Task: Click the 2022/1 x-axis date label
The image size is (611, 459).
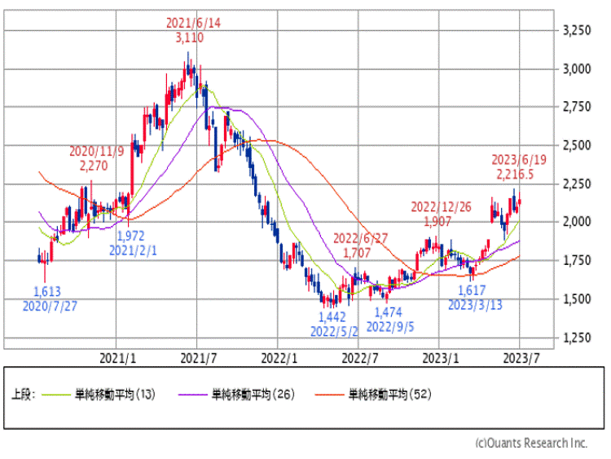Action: [x=280, y=357]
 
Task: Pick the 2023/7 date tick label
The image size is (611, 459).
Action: [x=519, y=357]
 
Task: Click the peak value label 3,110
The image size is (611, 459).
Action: [x=189, y=38]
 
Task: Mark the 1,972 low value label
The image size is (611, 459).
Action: [x=132, y=236]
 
